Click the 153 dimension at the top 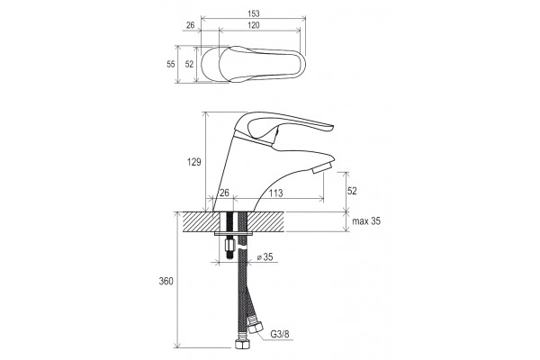tap(254, 13)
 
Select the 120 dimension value tap(254, 25)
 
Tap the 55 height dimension tap(171, 64)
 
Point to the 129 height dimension tap(194, 162)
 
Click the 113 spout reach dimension tap(276, 193)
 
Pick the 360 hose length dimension tap(166, 282)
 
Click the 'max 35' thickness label tap(366, 221)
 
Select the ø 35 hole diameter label tap(265, 257)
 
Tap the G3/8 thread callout tap(280, 334)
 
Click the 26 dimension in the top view tap(191, 25)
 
